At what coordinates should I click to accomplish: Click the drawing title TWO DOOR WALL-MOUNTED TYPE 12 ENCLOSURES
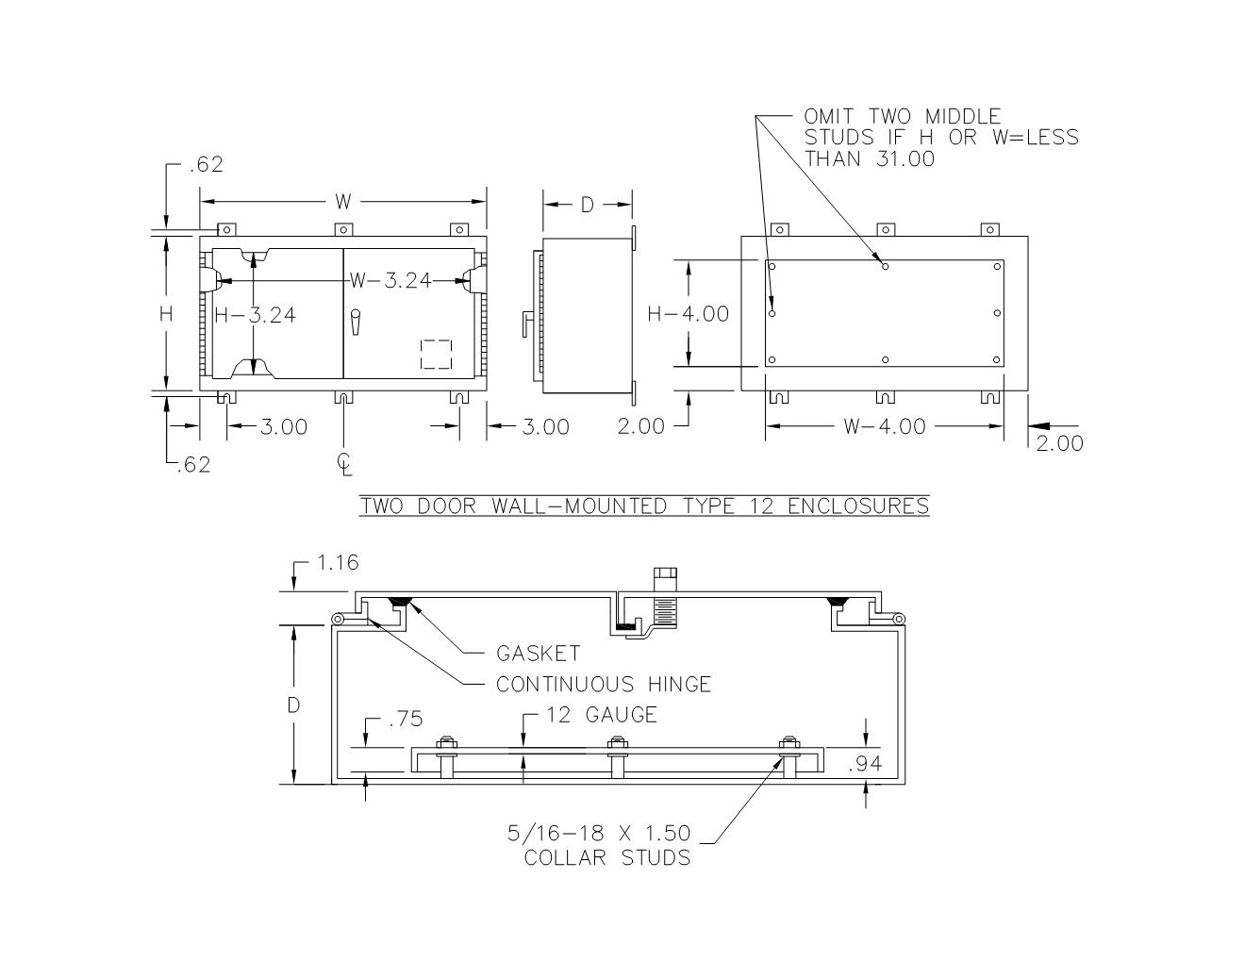[x=644, y=506]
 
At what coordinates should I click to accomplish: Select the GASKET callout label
[x=538, y=654]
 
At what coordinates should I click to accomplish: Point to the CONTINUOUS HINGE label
[x=604, y=685]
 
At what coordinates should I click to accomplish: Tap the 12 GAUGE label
[x=600, y=716]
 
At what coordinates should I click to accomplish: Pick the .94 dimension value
[x=865, y=764]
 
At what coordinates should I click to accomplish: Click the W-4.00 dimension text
[x=884, y=426]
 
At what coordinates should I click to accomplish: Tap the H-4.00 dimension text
[x=689, y=314]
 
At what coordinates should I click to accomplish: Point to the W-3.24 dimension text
[x=390, y=280]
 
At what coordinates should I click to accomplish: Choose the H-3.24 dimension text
[x=255, y=315]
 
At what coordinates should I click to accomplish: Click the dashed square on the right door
[x=436, y=355]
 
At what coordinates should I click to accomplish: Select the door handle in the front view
[x=356, y=322]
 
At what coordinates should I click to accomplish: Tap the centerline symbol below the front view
[x=345, y=463]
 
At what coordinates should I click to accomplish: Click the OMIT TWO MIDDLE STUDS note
[x=940, y=138]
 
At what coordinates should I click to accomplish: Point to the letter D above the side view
[x=587, y=205]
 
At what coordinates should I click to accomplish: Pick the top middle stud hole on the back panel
[x=885, y=266]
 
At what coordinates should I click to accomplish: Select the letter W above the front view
[x=343, y=202]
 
